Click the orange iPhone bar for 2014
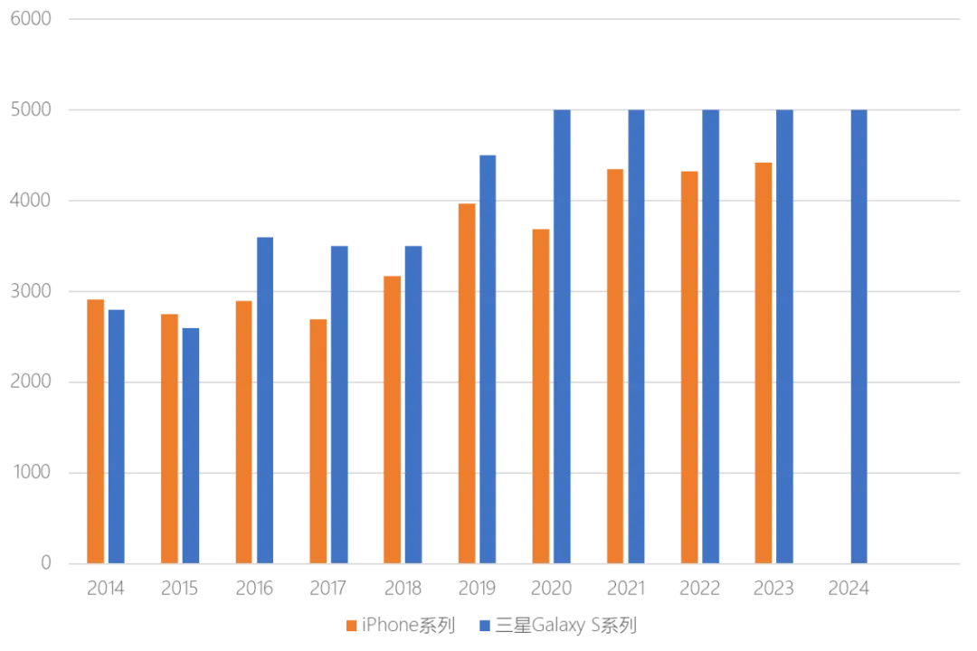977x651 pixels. (x=95, y=431)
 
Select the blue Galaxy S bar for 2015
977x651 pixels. (x=191, y=446)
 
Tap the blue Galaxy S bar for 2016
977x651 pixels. (x=265, y=400)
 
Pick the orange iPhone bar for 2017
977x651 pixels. (x=318, y=441)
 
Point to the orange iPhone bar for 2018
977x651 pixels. (x=392, y=420)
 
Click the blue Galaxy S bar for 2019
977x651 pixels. (x=488, y=359)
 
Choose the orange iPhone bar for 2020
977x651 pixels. (x=541, y=396)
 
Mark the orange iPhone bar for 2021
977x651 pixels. (x=615, y=366)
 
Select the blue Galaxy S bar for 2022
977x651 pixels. (x=710, y=336)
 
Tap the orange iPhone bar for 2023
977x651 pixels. (x=764, y=363)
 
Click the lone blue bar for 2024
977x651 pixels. (x=858, y=336)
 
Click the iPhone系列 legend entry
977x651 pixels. (x=401, y=625)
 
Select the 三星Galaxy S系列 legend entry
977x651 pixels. (x=558, y=625)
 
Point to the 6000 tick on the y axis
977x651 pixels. (x=31, y=19)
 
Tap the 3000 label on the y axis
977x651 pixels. (x=31, y=291)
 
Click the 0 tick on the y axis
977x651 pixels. (x=46, y=562)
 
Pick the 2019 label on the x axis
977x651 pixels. (x=477, y=588)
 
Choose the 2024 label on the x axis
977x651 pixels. (x=848, y=588)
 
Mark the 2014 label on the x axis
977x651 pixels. (x=105, y=588)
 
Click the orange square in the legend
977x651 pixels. (x=351, y=626)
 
